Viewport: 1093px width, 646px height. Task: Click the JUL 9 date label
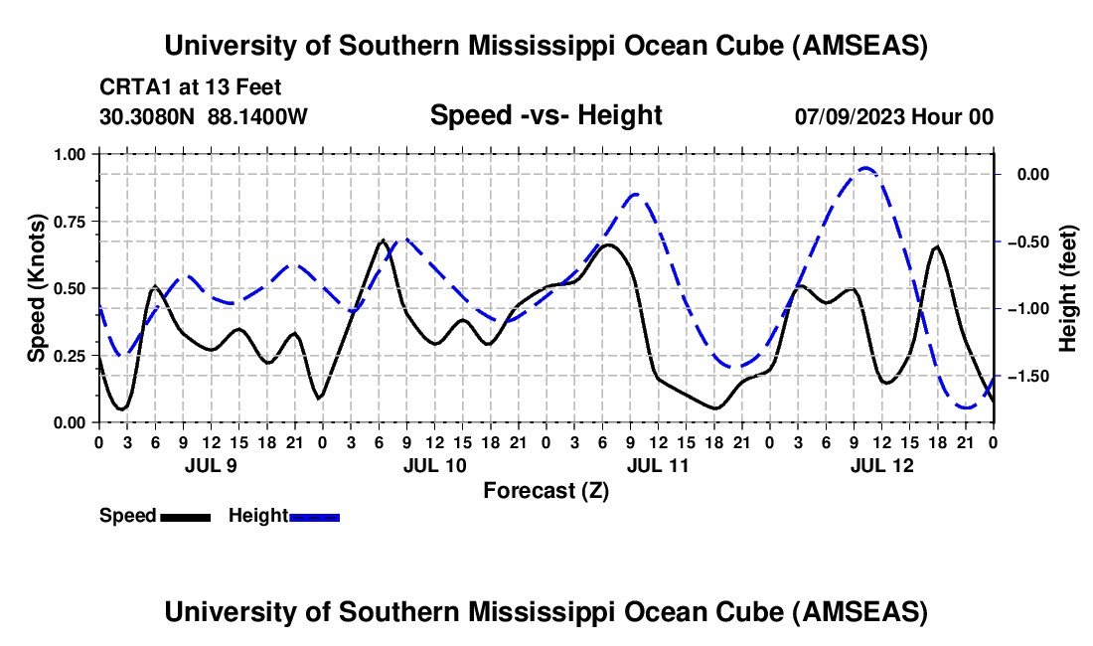coord(209,465)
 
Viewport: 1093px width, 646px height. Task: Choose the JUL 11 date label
coord(657,465)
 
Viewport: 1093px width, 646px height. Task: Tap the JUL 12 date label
coord(880,465)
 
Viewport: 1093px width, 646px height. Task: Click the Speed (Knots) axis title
coord(37,287)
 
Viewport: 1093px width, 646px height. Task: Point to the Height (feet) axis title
coord(1069,287)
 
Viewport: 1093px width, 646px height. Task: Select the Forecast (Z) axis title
coord(546,490)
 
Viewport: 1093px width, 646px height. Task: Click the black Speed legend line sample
coord(185,517)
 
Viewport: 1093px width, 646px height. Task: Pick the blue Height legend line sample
coord(315,517)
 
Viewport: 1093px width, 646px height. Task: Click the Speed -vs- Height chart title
coord(546,116)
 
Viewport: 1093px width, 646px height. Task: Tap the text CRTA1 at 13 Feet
coord(190,86)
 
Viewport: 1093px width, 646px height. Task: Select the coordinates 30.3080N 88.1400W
coord(204,116)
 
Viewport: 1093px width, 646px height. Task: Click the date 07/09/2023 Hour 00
coord(893,116)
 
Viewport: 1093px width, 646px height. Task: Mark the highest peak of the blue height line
coord(865,168)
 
